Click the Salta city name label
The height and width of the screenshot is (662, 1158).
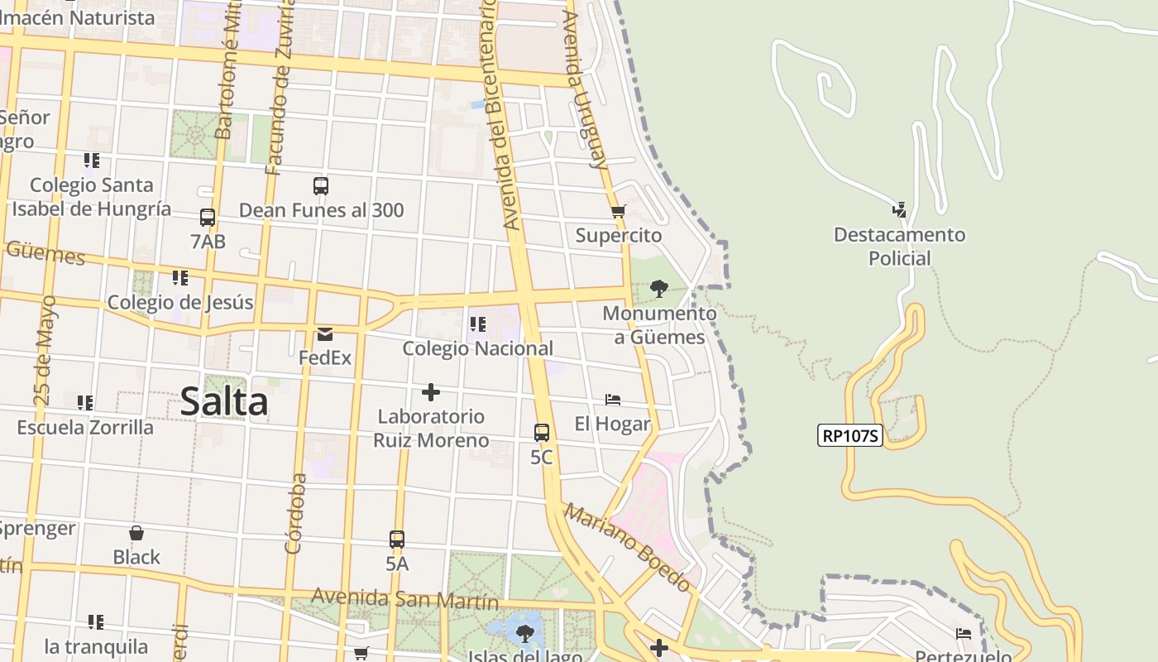224,402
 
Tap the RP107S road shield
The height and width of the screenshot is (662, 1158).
850,435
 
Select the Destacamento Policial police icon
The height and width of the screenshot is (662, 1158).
899,209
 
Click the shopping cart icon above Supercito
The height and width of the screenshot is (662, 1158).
618,211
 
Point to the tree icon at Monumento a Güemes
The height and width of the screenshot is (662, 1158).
659,289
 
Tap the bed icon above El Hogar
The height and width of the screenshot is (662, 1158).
612,400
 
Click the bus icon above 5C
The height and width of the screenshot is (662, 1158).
542,432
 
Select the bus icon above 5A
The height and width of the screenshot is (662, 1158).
397,539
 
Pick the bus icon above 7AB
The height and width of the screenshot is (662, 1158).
208,218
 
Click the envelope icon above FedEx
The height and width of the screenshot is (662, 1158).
324,334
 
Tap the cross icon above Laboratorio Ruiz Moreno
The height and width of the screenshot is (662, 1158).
430,391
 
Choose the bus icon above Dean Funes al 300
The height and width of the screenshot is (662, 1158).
321,186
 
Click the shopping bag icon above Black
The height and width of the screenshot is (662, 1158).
136,533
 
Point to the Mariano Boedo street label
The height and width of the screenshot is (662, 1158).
627,547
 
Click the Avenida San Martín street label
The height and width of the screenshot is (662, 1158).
404,598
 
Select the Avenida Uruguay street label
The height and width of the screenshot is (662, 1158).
585,89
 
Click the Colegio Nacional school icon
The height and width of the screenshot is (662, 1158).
477,324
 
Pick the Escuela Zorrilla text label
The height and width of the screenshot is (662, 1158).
85,427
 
